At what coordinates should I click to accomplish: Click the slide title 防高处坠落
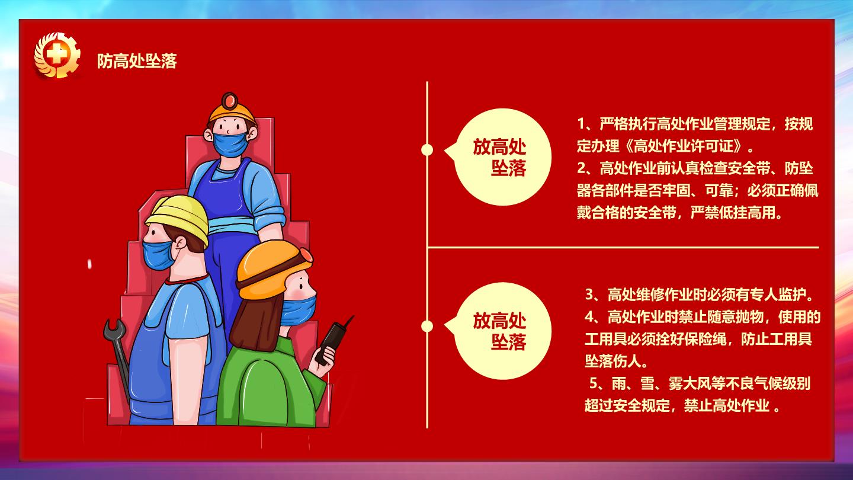tap(137, 61)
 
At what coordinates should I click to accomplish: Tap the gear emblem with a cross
tap(57, 55)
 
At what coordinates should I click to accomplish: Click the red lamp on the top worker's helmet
tap(229, 101)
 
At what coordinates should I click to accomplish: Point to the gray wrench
tap(118, 354)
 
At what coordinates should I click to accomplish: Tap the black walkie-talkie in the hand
tap(331, 341)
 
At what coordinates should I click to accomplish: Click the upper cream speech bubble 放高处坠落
tap(499, 158)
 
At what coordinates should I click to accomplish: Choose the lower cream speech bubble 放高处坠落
tap(499, 331)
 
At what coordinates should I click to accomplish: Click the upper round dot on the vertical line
tap(427, 150)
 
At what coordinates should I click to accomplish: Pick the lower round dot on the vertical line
tap(427, 327)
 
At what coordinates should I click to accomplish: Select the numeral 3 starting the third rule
tap(589, 295)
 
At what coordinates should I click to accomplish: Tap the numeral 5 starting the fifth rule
tap(594, 383)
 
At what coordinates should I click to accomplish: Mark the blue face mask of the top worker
tap(230, 144)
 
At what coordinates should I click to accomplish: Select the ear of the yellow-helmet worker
tap(181, 243)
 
